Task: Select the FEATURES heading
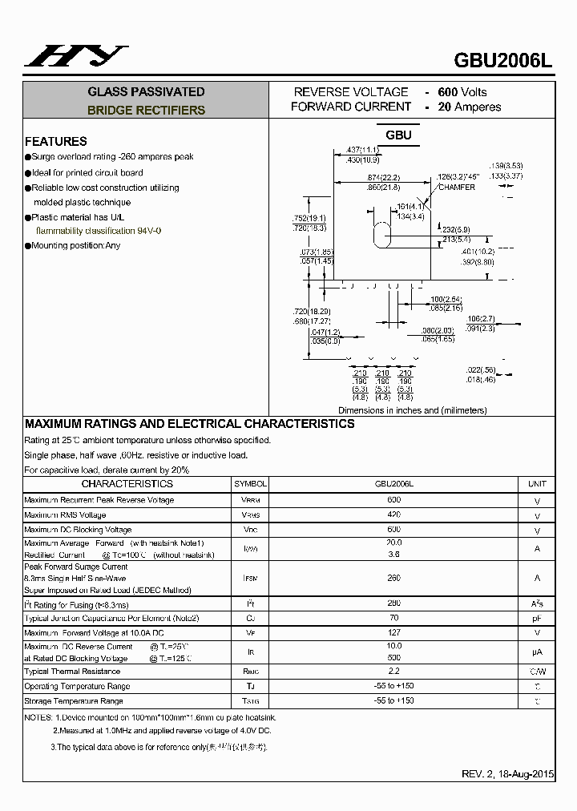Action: (55, 141)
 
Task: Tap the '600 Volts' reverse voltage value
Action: (462, 92)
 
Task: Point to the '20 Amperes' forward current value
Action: (470, 107)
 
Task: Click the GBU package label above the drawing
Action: (398, 135)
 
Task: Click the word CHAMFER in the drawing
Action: (456, 188)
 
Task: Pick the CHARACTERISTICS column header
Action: (127, 484)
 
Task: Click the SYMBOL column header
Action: (250, 484)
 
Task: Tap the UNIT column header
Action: (537, 484)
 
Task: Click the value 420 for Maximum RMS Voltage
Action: (393, 514)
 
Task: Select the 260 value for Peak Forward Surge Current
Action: (393, 577)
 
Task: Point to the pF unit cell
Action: (537, 619)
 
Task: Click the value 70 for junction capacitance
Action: (393, 618)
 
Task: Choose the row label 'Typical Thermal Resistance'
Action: (72, 672)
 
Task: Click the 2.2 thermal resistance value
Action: (393, 671)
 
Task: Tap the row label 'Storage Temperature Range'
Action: (74, 701)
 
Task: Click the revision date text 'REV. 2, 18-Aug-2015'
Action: (508, 774)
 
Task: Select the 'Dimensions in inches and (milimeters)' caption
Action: (412, 410)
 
